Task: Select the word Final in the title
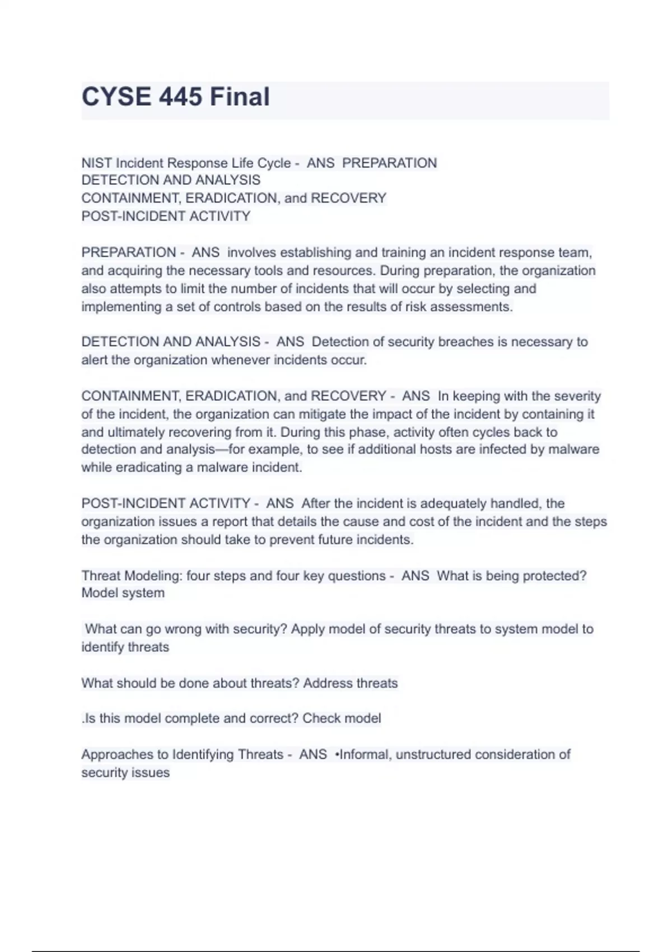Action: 240,97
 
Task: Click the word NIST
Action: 97,163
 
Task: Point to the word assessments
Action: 475,307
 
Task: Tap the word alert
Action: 94,360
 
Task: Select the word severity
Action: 577,396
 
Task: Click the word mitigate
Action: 321,414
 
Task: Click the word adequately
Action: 461,503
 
